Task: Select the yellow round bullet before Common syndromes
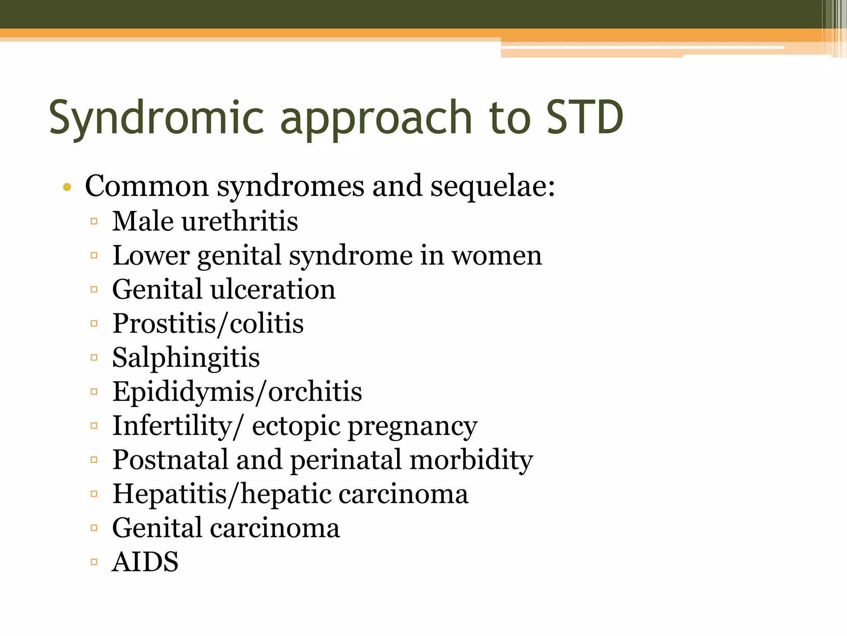coord(67,188)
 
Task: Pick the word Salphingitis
coord(186,358)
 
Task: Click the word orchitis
coord(315,392)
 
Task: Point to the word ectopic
coord(296,426)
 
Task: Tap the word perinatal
coord(346,460)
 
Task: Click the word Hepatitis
coord(170,494)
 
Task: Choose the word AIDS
coord(146,562)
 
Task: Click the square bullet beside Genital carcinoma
coord(94,528)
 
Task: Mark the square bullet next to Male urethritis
coord(94,222)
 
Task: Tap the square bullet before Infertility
coord(94,426)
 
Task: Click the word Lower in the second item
coord(151,256)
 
